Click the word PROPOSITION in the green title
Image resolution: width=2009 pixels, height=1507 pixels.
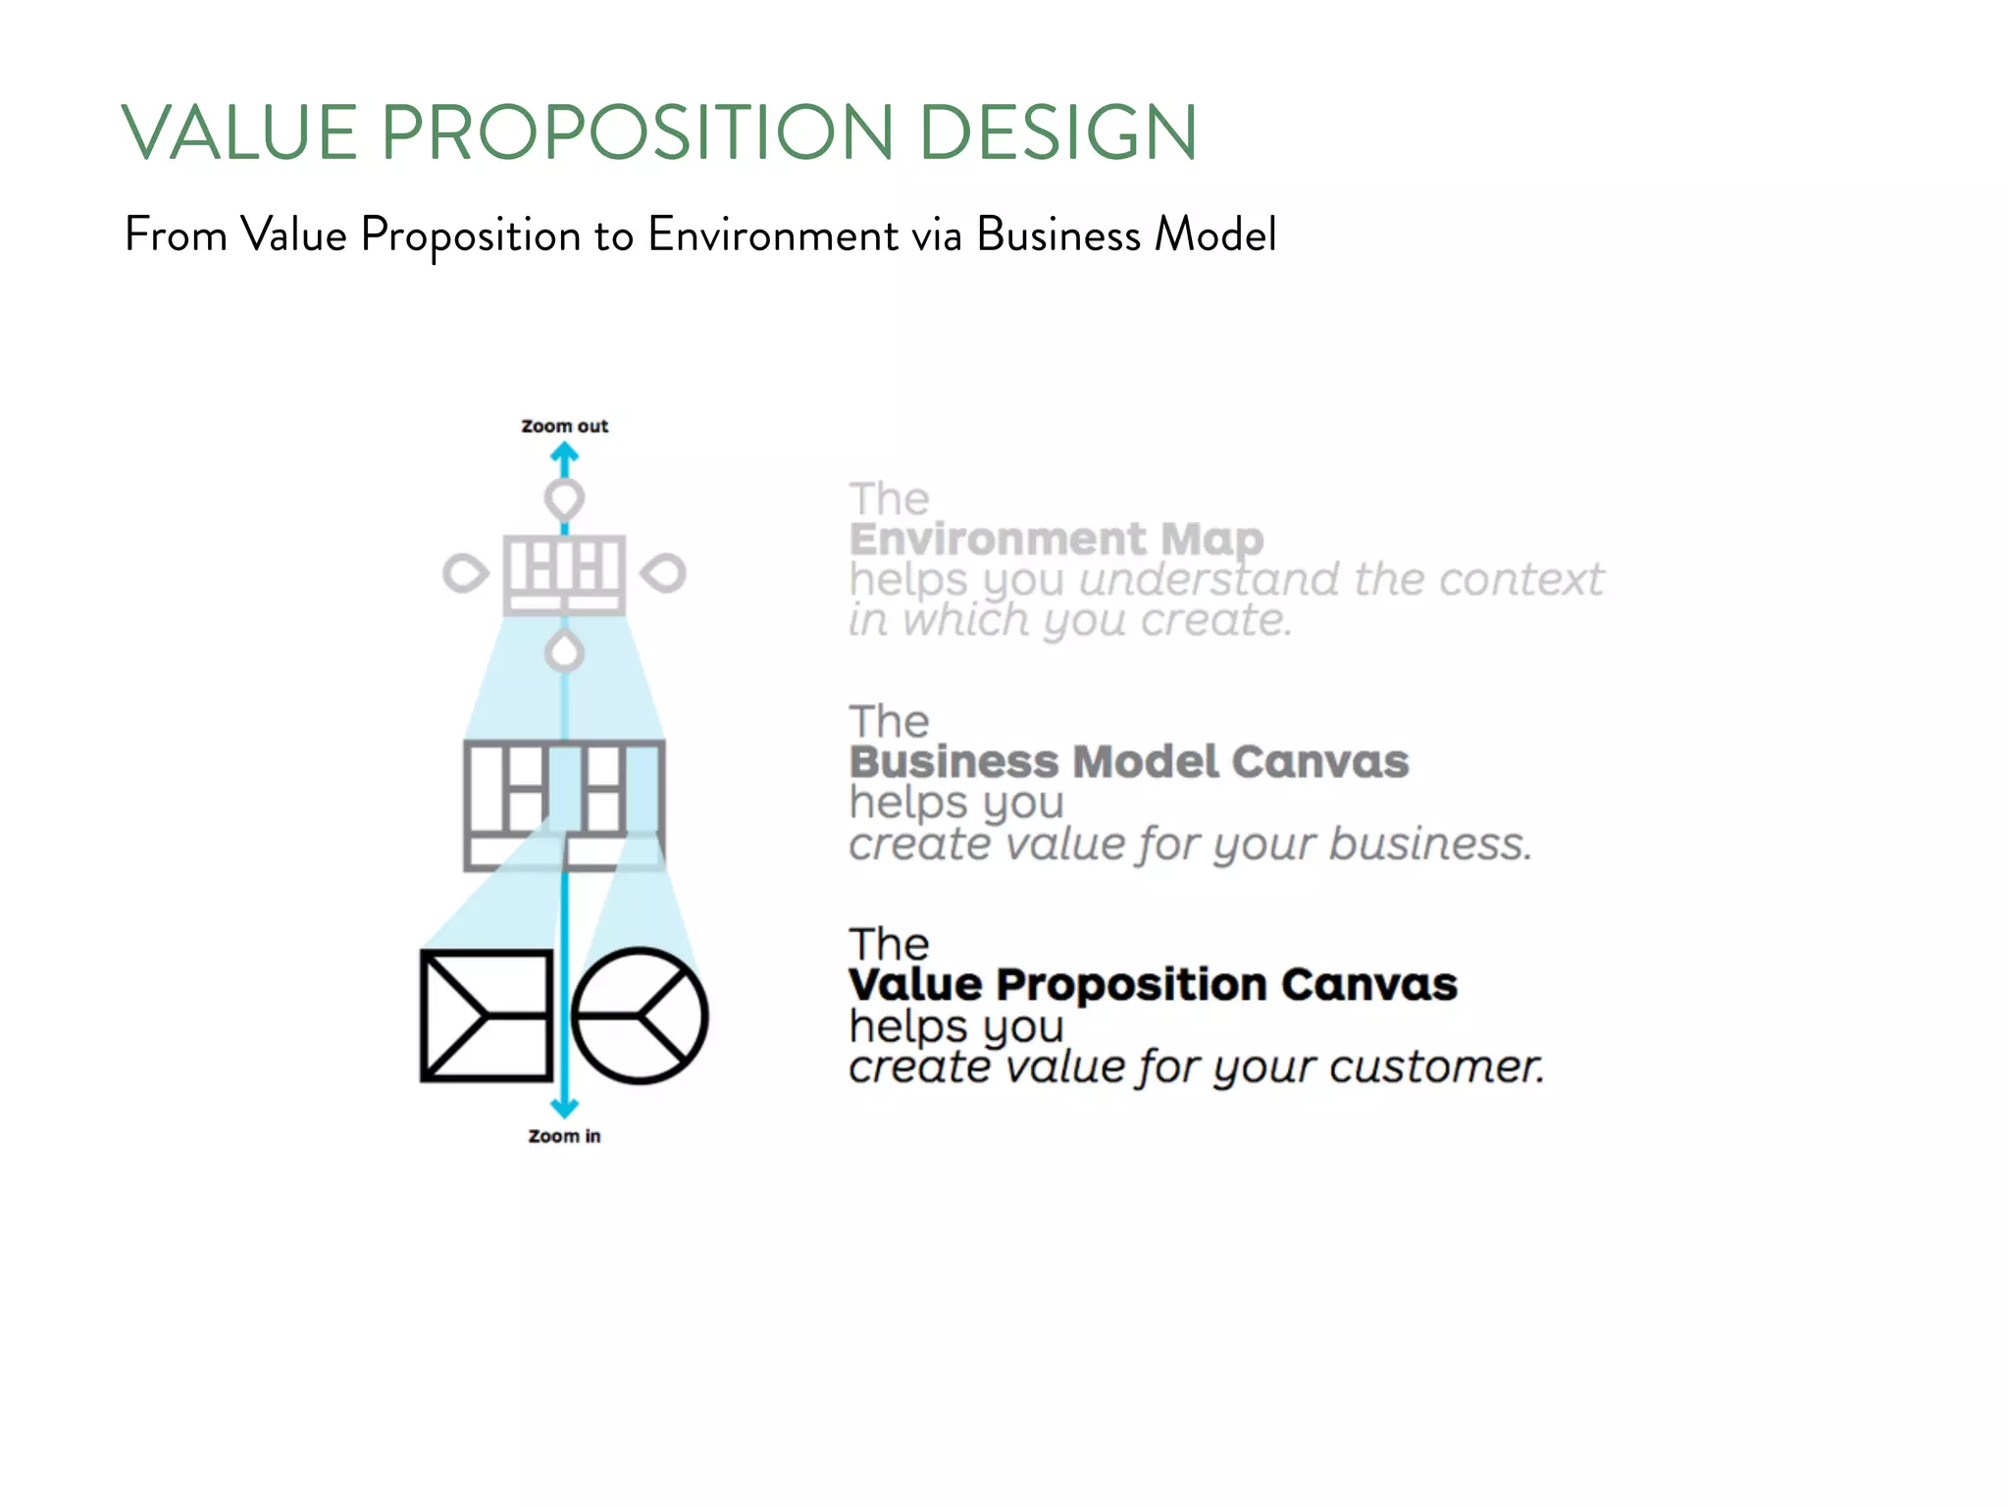[x=637, y=132]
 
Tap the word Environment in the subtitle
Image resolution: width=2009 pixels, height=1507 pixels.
[x=773, y=235]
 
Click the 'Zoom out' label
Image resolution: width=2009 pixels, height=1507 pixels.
[x=564, y=426]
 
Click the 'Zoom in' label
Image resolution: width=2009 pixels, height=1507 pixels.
[x=564, y=1136]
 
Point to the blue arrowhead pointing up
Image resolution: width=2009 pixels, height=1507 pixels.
[x=564, y=453]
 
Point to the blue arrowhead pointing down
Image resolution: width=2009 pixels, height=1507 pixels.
[x=564, y=1108]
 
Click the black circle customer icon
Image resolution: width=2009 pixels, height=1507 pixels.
[x=640, y=1015]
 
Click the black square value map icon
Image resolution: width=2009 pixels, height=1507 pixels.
[x=487, y=1015]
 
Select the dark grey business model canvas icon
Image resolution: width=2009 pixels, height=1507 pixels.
[x=564, y=805]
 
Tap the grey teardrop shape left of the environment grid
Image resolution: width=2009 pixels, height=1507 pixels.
[x=464, y=574]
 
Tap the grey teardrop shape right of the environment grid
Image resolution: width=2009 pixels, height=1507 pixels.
[x=664, y=574]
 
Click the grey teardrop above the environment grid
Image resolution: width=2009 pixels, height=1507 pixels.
[x=564, y=499]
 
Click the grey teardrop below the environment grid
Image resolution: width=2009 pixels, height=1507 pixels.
[x=564, y=651]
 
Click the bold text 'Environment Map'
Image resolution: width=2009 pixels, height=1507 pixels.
[x=1056, y=539]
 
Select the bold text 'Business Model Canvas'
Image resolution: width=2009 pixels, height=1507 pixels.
[x=1128, y=761]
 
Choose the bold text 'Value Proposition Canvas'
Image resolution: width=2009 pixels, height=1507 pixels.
[x=1153, y=984]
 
